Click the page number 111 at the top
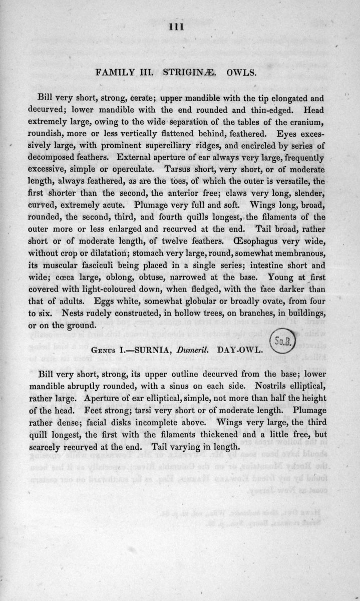tap(177, 27)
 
